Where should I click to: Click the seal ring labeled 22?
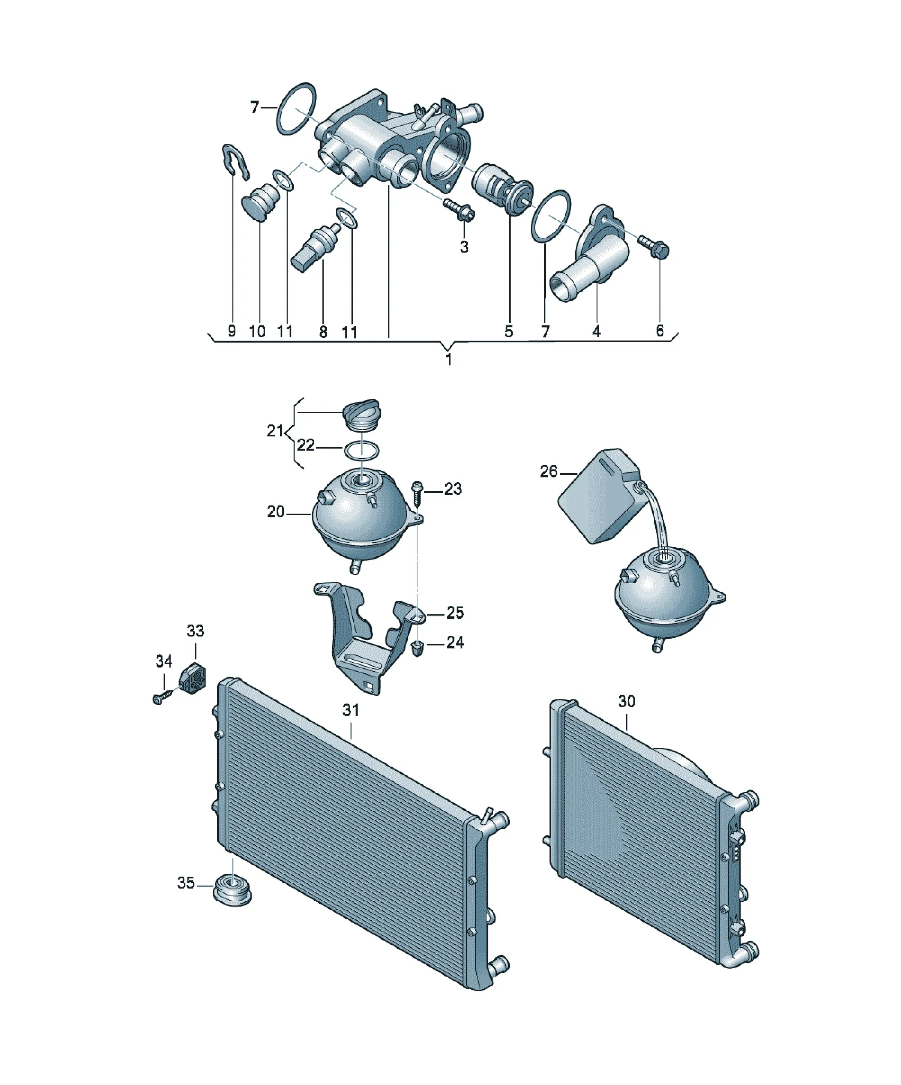click(362, 450)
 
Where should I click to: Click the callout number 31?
click(351, 711)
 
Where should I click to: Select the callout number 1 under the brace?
click(448, 360)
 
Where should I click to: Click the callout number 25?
click(455, 613)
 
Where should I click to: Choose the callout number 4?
click(596, 331)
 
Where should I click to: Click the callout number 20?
click(276, 512)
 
